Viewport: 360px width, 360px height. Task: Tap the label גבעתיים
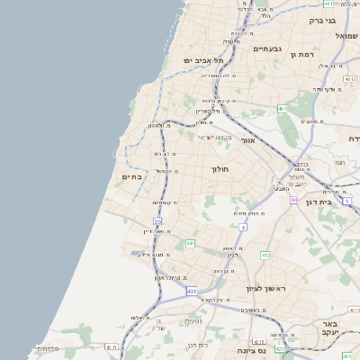tap(268, 49)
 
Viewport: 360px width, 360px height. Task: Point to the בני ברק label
tap(320, 20)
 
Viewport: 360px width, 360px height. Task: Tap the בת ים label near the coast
tap(132, 177)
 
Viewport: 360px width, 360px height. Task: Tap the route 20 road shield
tap(157, 220)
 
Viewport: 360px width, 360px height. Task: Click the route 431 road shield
tap(191, 292)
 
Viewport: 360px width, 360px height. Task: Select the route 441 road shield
tap(190, 244)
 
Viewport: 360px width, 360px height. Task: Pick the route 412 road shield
tap(265, 256)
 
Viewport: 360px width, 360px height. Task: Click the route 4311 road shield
tap(111, 346)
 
